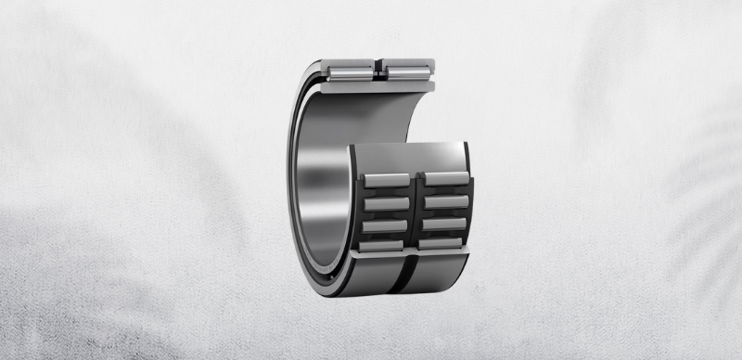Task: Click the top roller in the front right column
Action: tap(442, 179)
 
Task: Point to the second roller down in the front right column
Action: tap(442, 201)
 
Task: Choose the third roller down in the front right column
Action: tap(442, 224)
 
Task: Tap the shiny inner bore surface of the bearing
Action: tap(325, 176)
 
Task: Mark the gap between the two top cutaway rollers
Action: tap(379, 68)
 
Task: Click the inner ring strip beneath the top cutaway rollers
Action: tap(380, 85)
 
